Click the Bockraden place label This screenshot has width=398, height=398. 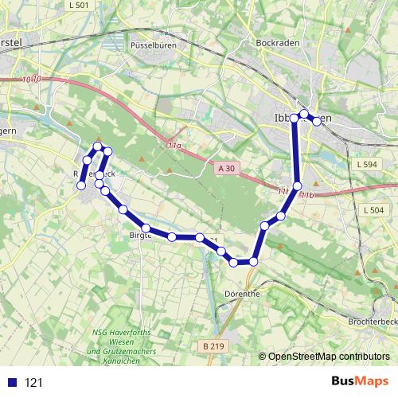tap(278, 42)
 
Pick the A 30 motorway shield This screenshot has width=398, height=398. tap(226, 168)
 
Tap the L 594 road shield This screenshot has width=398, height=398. tap(367, 163)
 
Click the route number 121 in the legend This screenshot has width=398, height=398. tap(34, 382)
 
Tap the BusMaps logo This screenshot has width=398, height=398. tap(356, 381)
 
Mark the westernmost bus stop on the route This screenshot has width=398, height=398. tap(81, 185)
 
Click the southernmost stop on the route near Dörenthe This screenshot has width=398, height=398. tap(234, 263)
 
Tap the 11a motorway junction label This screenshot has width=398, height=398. tap(174, 146)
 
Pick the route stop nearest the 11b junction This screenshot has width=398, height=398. tap(298, 186)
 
